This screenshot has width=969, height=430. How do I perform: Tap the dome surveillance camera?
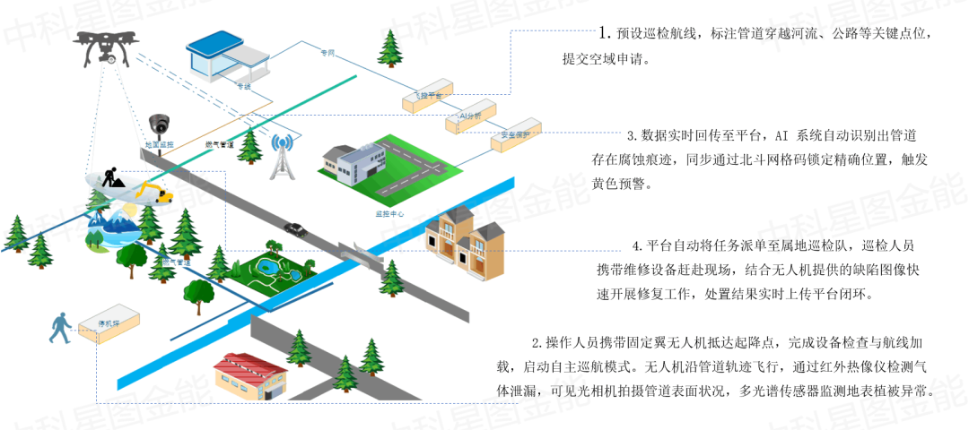[160, 125]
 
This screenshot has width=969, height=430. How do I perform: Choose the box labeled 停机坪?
[108, 319]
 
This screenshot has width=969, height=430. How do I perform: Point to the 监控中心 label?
[390, 215]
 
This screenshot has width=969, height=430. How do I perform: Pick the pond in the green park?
[268, 267]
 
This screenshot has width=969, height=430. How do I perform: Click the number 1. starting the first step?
[606, 33]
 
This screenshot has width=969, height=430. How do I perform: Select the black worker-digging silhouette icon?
[115, 179]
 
